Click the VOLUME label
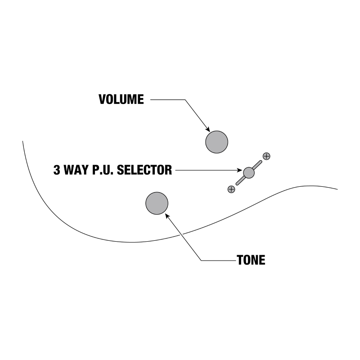[121, 99]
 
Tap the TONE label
[251, 260]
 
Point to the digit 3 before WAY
[57, 170]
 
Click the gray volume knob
[217, 142]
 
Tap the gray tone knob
[157, 203]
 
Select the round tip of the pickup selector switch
[249, 172]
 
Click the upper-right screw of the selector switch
[266, 156]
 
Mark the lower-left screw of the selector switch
[231, 189]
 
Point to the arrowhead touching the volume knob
[207, 129]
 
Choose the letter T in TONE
[240, 260]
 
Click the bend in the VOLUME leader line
[184, 99]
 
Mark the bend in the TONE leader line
[201, 260]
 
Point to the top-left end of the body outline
[23, 141]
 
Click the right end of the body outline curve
[337, 189]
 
